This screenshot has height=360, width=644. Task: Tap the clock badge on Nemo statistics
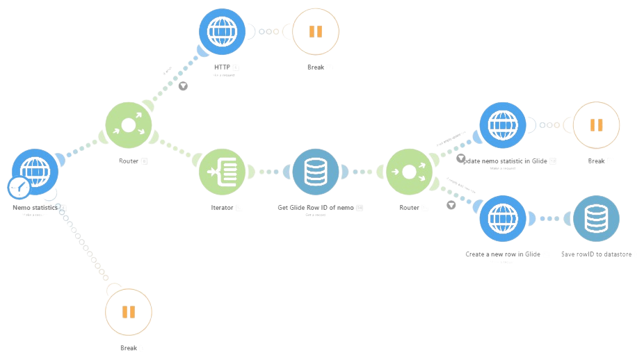coord(18,187)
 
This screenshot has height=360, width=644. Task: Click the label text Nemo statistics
coord(35,207)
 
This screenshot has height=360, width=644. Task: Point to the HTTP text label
coord(223,67)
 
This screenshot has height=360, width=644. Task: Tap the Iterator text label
coord(223,207)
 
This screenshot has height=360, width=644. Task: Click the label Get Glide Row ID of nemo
coord(316,207)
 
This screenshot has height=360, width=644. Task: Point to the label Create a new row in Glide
coord(504,254)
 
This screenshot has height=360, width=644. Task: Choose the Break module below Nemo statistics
coord(128,311)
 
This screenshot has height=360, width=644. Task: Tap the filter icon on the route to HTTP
coord(183,86)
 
